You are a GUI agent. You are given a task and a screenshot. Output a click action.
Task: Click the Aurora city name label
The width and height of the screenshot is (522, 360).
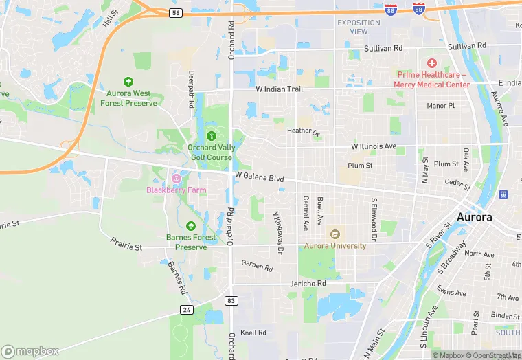tap(475, 217)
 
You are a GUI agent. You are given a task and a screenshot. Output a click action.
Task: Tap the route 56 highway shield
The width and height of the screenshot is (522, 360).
tap(177, 12)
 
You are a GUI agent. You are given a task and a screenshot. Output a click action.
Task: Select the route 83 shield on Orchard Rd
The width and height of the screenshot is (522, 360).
tap(232, 300)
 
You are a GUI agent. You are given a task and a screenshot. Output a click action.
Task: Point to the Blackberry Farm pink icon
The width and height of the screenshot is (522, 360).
tap(176, 179)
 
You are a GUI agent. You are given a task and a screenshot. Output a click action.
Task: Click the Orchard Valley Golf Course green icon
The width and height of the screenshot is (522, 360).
tap(211, 136)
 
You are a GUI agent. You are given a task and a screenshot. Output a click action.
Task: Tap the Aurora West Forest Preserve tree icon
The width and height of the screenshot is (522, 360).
tap(128, 82)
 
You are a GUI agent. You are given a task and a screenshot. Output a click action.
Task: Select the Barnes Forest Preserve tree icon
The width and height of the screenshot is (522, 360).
tap(191, 226)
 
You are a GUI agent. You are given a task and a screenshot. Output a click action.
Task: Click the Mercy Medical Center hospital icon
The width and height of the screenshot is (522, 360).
tap(431, 63)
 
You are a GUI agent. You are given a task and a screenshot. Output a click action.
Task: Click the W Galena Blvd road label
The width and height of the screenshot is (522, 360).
tap(260, 178)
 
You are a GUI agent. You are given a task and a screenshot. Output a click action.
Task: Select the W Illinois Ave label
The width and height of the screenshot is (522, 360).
tap(374, 146)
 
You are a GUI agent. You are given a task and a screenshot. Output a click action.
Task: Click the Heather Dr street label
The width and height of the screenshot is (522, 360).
tap(304, 131)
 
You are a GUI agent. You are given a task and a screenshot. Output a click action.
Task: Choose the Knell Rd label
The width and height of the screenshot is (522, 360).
tap(253, 333)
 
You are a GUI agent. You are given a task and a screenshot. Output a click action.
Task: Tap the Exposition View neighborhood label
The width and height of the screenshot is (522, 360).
tap(359, 27)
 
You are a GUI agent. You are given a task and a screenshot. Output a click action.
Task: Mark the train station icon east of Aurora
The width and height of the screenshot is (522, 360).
tap(503, 194)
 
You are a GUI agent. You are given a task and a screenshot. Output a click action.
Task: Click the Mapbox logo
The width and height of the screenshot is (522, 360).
tap(30, 350)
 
